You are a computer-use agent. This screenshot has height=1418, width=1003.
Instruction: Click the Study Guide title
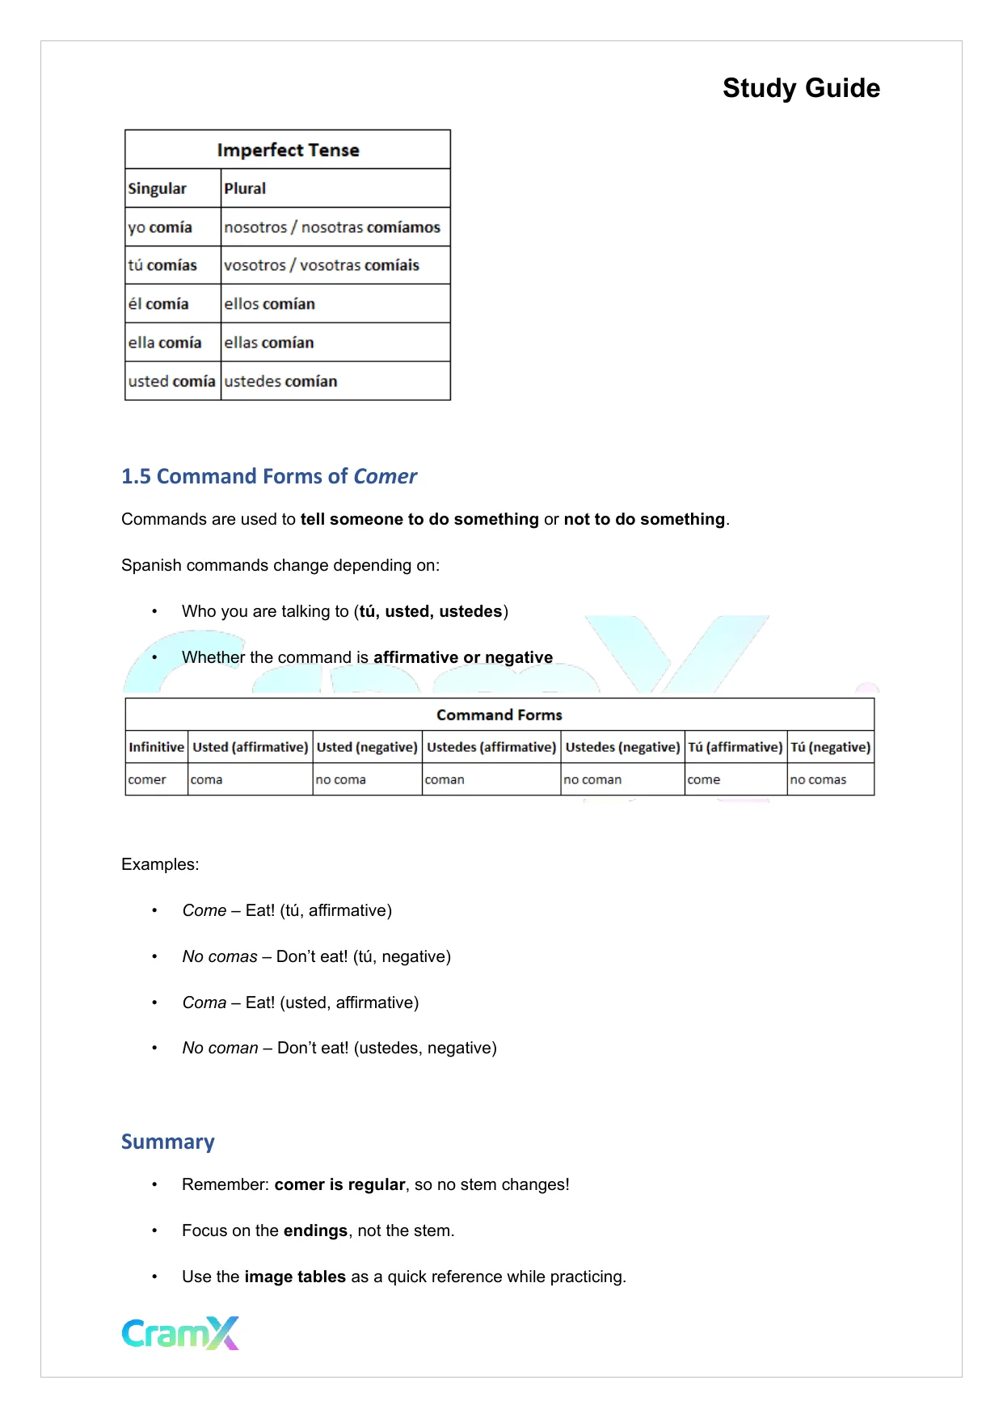800,88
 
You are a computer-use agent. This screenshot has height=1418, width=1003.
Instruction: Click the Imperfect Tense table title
288,150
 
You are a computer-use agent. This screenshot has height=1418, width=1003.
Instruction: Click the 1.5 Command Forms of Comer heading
268,476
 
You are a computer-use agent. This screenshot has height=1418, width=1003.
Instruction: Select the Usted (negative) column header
367,747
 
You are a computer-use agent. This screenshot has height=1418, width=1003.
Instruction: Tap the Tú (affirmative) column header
735,747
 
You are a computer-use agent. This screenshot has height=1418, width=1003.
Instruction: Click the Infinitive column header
156,747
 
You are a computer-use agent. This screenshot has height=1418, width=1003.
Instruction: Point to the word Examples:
160,864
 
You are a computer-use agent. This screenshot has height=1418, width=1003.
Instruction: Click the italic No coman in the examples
220,1048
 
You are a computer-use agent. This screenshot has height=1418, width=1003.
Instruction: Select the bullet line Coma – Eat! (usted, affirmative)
300,1002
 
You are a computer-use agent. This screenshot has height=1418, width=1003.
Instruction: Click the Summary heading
167,1142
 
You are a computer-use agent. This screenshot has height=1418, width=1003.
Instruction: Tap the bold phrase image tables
295,1277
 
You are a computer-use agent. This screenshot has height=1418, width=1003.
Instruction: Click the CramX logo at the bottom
180,1333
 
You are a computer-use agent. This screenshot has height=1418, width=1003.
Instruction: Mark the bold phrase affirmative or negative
462,657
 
